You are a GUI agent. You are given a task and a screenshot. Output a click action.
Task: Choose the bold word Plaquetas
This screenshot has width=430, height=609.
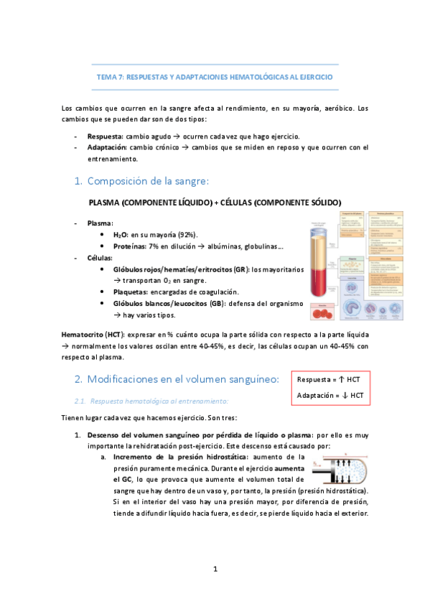[x=130, y=292]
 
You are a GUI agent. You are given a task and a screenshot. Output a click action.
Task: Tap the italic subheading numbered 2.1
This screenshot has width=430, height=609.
[x=152, y=400]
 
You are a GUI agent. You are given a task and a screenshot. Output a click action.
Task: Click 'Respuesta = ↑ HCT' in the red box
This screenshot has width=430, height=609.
[x=329, y=379]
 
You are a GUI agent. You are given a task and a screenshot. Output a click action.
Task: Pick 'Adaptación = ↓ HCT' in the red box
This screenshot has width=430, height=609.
[x=329, y=395]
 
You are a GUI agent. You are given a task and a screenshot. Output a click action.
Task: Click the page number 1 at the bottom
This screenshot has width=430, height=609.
[x=215, y=569]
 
